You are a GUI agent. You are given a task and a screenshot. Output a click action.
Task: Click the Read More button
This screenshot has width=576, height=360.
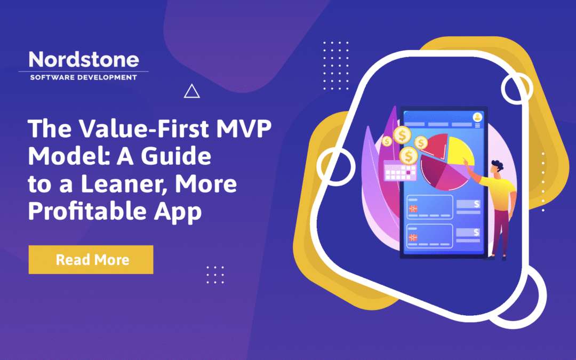pos(91,260)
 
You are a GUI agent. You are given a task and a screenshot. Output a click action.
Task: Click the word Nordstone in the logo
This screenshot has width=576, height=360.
pos(83,59)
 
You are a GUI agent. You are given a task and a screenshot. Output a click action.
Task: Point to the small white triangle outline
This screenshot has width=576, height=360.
pos(191,92)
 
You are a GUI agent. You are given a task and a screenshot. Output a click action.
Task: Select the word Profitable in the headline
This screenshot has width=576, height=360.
pos(83,211)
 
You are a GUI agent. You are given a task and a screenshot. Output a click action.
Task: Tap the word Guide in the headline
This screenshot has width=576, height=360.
pos(182,157)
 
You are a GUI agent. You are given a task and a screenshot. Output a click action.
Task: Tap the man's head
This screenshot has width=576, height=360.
pos(497,166)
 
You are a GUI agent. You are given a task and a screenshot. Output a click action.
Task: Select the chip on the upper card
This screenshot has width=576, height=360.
pos(412,209)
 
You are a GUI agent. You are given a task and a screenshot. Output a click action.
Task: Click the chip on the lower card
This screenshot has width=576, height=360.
pos(412,237)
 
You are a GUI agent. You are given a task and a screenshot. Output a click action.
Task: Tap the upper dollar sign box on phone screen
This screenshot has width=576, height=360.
pos(469,204)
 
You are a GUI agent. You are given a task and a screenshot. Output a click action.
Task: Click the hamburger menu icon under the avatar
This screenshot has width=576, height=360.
pos(476,125)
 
